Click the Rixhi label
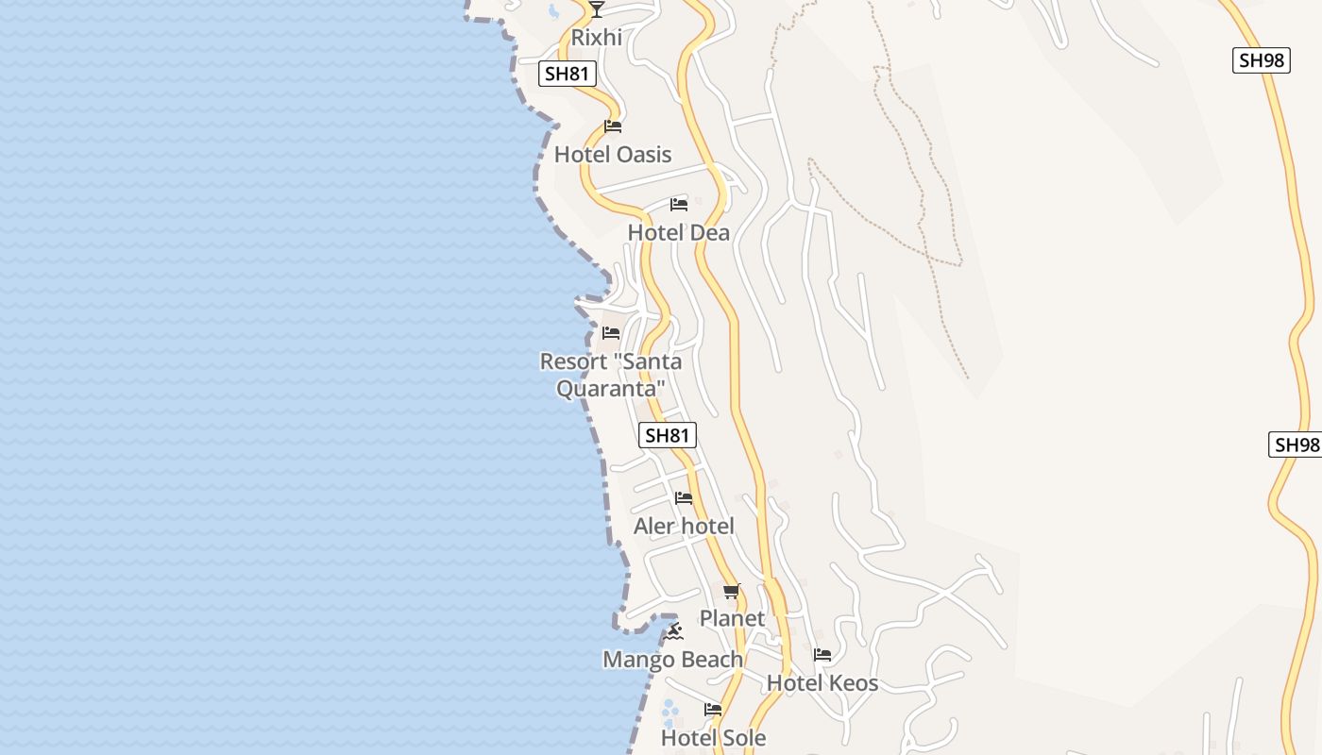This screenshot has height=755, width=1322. tap(597, 38)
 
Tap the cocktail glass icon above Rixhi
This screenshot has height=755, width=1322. tap(596, 9)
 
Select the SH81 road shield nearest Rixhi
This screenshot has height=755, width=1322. tap(568, 74)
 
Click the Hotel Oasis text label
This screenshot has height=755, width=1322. tap(613, 155)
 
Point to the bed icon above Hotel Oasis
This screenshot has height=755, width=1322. tap(613, 126)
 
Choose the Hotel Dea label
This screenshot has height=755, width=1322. tap(678, 232)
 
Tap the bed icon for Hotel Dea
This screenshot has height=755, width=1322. tap(678, 205)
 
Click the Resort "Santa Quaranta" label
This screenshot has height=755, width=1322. tap(610, 375)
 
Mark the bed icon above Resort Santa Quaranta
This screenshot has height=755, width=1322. tap(611, 333)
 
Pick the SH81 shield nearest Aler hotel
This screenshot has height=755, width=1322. tap(668, 435)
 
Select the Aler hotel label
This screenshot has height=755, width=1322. tap(684, 527)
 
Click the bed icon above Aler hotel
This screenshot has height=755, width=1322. tap(684, 498)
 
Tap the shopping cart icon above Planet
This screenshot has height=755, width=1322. tap(732, 592)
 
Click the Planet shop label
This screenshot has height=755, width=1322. tap(732, 619)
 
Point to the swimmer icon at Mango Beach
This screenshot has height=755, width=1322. tap(672, 631)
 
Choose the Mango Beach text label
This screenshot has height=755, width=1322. tap(672, 660)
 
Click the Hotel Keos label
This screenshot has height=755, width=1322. tap(822, 683)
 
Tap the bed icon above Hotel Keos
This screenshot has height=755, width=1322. tap(822, 655)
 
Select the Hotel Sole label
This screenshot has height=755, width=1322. tap(713, 738)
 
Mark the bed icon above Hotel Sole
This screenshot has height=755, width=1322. tap(713, 710)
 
